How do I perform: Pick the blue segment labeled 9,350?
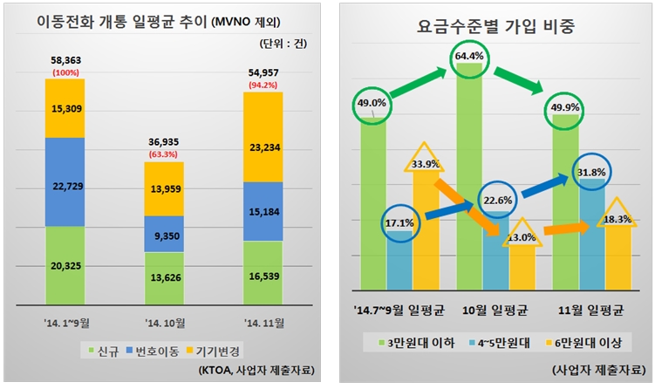pyautogui.click(x=165, y=234)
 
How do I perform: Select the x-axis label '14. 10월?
pyautogui.click(x=166, y=320)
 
